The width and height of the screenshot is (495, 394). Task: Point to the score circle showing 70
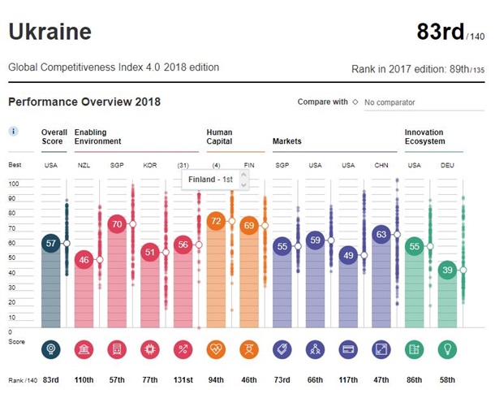click(116, 223)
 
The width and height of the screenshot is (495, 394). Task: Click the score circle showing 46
click(83, 260)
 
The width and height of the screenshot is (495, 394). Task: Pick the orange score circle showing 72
click(216, 220)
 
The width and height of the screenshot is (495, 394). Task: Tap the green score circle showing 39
click(447, 270)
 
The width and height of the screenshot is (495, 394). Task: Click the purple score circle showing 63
click(381, 234)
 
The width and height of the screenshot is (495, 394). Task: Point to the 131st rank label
click(183, 380)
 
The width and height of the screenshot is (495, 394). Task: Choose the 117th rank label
click(348, 380)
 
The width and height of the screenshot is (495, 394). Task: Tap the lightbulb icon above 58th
click(447, 350)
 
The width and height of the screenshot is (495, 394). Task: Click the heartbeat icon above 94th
click(216, 350)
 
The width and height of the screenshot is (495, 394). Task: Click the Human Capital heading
click(220, 136)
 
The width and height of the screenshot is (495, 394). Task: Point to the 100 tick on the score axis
click(14, 184)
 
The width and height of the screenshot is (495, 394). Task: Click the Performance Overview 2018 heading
click(84, 102)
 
